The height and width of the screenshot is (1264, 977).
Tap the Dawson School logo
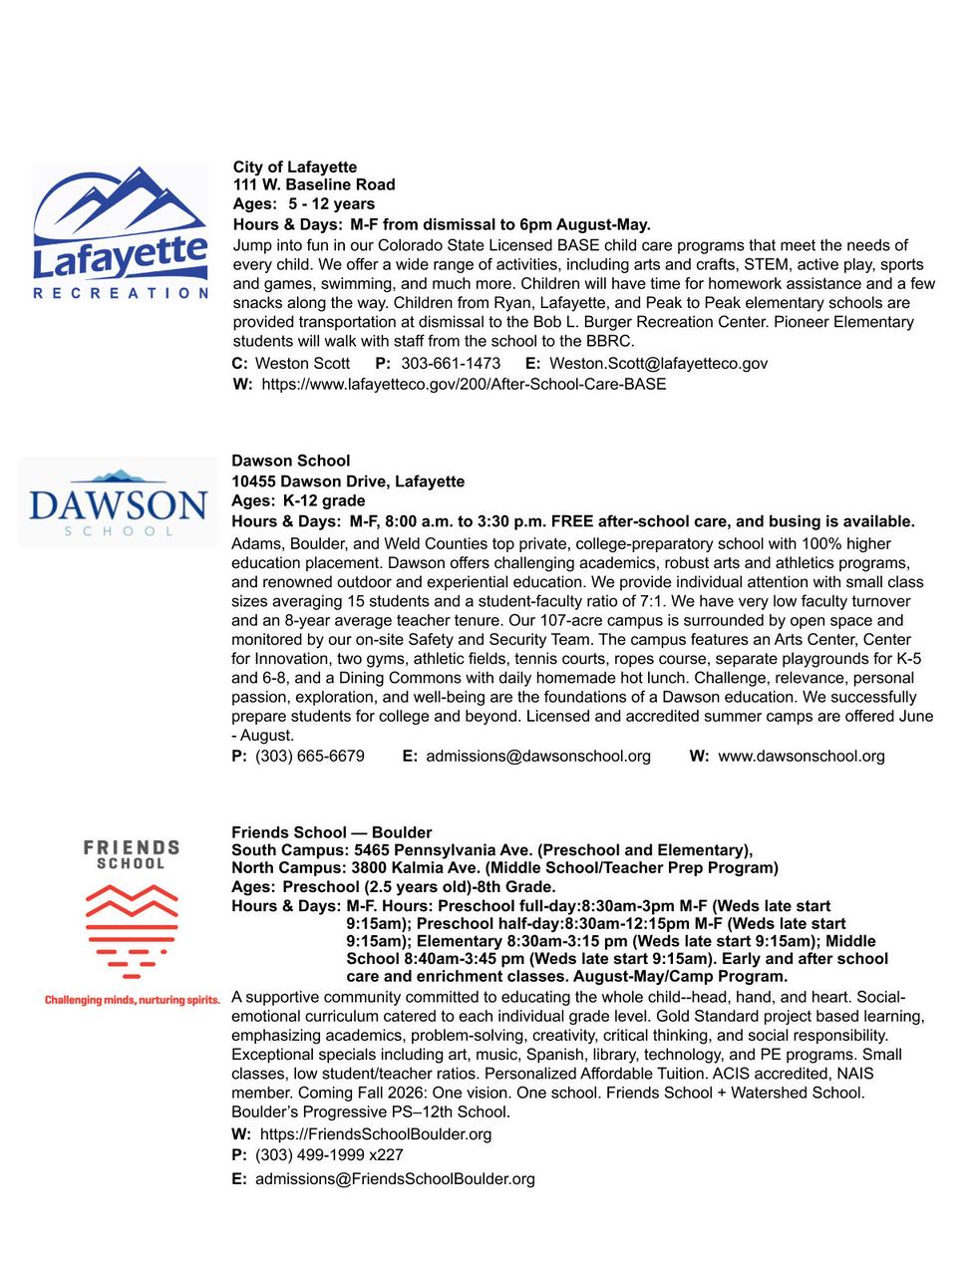click(x=118, y=503)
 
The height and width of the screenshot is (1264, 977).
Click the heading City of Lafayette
click(x=294, y=166)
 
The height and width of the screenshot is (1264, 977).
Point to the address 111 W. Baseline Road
click(x=314, y=184)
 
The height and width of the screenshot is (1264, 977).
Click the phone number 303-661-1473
click(x=451, y=364)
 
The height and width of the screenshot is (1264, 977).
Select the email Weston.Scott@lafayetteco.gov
click(x=658, y=364)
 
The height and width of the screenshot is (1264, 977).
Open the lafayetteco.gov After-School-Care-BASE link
click(x=464, y=384)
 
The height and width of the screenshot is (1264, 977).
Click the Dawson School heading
click(x=290, y=461)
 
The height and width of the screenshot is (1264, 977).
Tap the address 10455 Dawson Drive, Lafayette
click(x=348, y=481)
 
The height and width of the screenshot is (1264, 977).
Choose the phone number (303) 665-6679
click(x=310, y=756)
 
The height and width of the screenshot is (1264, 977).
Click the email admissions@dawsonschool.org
click(x=538, y=756)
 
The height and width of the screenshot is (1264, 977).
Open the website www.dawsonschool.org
click(x=802, y=756)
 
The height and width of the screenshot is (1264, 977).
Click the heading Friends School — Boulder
click(x=331, y=832)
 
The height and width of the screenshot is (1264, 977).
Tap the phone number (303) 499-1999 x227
click(x=329, y=1155)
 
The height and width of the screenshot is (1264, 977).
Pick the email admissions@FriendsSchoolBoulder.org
click(x=395, y=1179)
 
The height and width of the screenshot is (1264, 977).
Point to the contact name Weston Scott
click(x=302, y=364)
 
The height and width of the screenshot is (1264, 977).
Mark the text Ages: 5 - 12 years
click(x=304, y=204)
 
